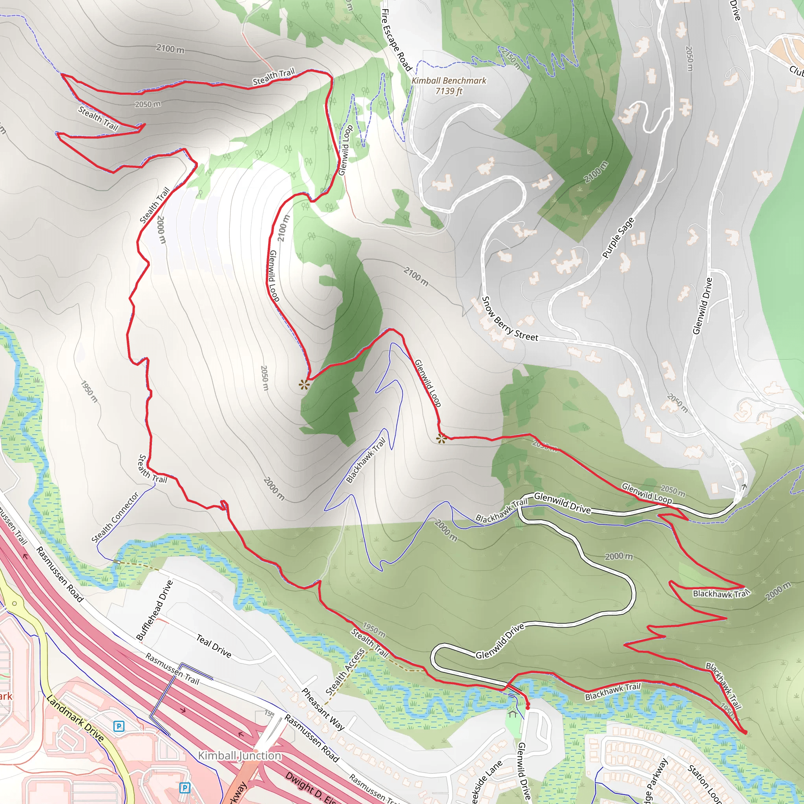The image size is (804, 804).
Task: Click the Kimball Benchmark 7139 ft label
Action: (449, 86)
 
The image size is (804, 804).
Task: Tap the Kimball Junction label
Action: (239, 755)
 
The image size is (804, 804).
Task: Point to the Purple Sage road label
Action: (618, 238)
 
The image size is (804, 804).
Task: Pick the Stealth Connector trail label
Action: (115, 518)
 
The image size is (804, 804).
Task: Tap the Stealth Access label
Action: (345, 672)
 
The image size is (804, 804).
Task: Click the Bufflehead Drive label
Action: (154, 610)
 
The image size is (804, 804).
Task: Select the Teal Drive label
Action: (214, 646)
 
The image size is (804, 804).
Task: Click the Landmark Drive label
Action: (75, 718)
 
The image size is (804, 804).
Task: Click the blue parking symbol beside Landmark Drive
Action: (119, 727)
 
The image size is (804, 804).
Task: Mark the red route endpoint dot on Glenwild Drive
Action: (528, 707)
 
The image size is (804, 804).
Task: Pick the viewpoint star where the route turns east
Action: (441, 438)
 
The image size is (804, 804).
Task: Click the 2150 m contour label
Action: (511, 59)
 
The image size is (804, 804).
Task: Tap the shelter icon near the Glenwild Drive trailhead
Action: (512, 714)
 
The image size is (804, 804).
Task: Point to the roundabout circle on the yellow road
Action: (15, 603)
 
